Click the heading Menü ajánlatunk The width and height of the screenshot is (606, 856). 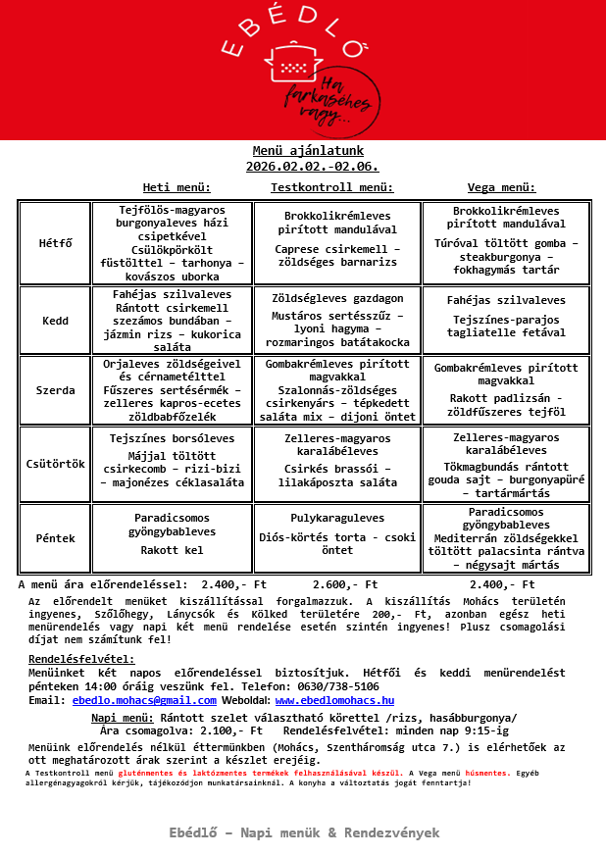pyautogui.click(x=308, y=151)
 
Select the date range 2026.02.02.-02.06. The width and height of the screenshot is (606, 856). pyautogui.click(x=312, y=167)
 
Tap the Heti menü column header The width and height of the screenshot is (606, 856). pyautogui.click(x=177, y=186)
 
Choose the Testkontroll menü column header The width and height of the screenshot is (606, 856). pyautogui.click(x=331, y=186)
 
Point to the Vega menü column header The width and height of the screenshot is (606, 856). pyautogui.click(x=501, y=186)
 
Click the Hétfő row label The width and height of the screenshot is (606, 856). pyautogui.click(x=55, y=243)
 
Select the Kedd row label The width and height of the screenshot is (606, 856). pyautogui.click(x=55, y=321)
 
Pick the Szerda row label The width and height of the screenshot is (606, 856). pyautogui.click(x=55, y=390)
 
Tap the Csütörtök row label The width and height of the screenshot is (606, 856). pyautogui.click(x=55, y=463)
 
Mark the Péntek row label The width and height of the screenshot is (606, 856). pyautogui.click(x=55, y=538)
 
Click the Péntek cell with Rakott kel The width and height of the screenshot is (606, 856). pyautogui.click(x=173, y=538)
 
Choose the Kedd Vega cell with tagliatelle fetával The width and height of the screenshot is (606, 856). pyautogui.click(x=506, y=319)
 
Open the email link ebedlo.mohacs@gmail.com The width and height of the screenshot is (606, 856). pyautogui.click(x=130, y=700)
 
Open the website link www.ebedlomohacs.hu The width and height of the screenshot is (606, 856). pyautogui.click(x=334, y=700)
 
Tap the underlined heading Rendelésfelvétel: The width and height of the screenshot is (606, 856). pyautogui.click(x=81, y=659)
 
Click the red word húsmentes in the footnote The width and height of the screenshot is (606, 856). pyautogui.click(x=484, y=773)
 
